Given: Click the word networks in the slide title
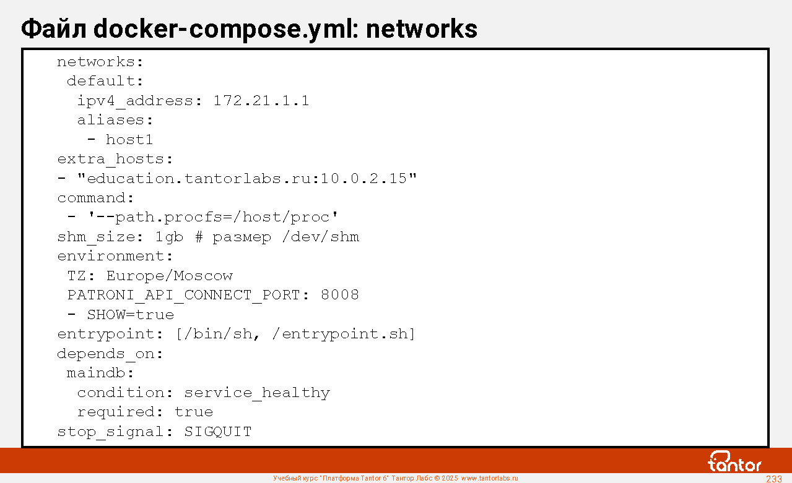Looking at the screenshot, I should [x=422, y=28].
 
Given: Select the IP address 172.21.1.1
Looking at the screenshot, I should [x=261, y=101].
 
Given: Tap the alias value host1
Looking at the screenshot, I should [x=129, y=140].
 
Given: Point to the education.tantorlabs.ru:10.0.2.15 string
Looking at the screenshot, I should [x=246, y=179].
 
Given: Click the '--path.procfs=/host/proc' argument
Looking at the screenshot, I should [x=213, y=217].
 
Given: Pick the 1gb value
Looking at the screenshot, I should [x=169, y=237].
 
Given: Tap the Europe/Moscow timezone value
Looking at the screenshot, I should [x=169, y=276].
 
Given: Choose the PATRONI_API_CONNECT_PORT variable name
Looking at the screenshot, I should [x=183, y=295].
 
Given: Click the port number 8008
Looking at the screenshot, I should [x=339, y=295].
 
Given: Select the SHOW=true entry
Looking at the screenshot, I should [x=130, y=315].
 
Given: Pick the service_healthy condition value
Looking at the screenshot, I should [x=256, y=393].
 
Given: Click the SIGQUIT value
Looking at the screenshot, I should [x=217, y=432].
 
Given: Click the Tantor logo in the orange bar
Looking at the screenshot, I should [x=734, y=461].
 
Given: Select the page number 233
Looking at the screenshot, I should [x=774, y=479].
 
